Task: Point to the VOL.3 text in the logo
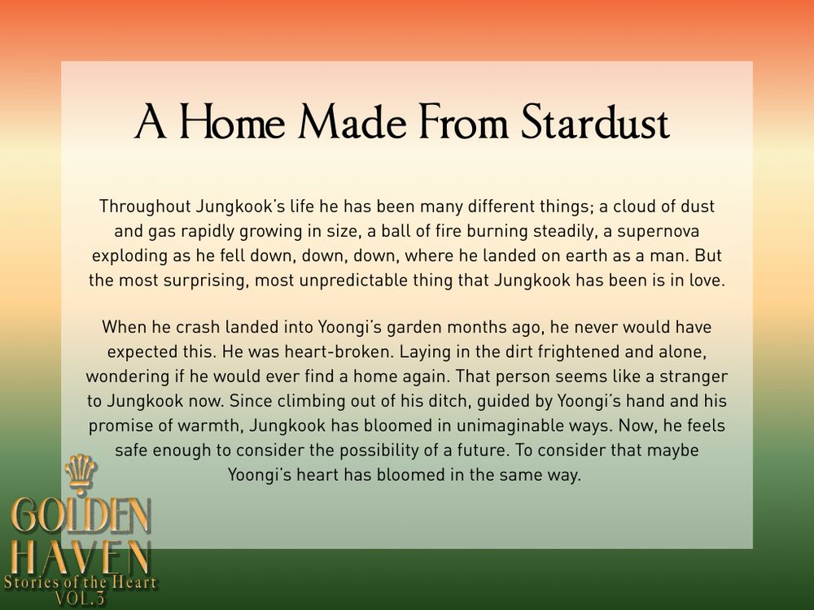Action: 81,599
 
